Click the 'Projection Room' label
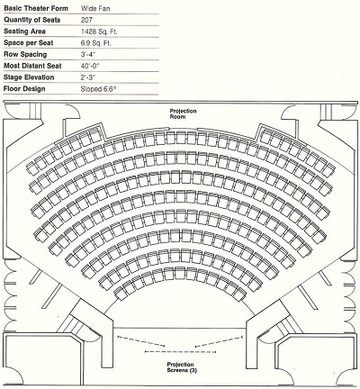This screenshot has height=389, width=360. [x=183, y=113]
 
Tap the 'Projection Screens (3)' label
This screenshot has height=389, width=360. [x=182, y=367]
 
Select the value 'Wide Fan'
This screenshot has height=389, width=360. [x=95, y=8]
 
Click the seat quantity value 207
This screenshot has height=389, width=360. [x=86, y=20]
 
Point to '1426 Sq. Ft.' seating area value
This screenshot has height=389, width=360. [x=99, y=32]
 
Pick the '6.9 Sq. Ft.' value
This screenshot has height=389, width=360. [x=95, y=43]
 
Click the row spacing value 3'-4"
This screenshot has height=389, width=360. [x=88, y=54]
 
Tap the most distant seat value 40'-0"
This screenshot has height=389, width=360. [x=90, y=66]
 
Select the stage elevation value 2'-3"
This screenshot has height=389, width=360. [x=88, y=77]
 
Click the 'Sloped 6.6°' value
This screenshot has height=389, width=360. [x=98, y=89]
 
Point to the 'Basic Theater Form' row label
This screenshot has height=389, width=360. [x=36, y=8]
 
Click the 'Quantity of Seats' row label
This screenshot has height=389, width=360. [x=32, y=20]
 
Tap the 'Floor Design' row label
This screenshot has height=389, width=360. [x=24, y=89]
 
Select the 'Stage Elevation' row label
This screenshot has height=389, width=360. [x=29, y=77]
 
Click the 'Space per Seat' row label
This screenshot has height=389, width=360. [x=29, y=43]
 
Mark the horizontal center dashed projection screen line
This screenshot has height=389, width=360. [x=180, y=351]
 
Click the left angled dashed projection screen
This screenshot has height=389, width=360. [x=141, y=341]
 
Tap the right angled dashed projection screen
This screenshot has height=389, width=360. [x=219, y=341]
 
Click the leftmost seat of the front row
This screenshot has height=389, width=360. [x=120, y=294]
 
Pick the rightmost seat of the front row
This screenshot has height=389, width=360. [x=240, y=294]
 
